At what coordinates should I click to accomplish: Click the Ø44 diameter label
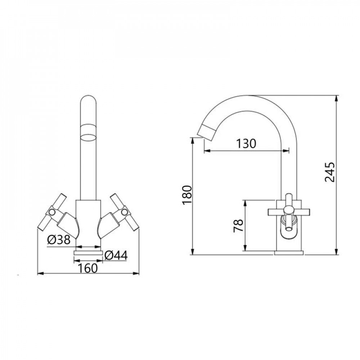(x=116, y=255)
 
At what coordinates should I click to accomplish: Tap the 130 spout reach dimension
(x=246, y=144)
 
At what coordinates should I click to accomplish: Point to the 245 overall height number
(x=330, y=172)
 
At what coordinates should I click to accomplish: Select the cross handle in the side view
(x=288, y=210)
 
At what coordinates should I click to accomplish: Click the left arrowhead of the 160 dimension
(x=40, y=274)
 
